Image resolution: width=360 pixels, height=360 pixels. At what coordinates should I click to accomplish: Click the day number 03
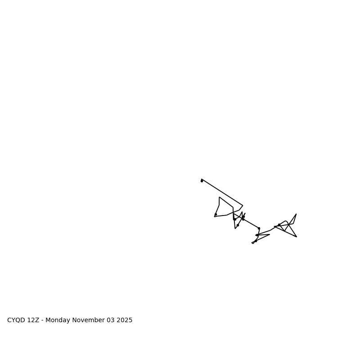coord(111,320)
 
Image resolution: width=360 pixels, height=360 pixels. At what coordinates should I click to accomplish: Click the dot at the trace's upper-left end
coord(202,181)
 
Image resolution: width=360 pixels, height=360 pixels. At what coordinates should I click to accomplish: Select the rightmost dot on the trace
coord(279,225)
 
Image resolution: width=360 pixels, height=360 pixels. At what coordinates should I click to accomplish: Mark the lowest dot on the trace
coord(256,241)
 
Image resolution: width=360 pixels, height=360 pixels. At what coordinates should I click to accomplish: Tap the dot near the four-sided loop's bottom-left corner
coord(216,214)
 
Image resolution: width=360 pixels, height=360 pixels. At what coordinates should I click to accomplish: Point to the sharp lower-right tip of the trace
coord(297,237)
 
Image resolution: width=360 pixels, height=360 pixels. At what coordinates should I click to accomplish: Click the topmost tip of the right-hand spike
coord(296,214)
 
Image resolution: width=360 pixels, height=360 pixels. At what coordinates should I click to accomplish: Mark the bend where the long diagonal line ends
coord(243,206)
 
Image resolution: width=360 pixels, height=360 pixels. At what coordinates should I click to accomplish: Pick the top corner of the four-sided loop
coord(220,197)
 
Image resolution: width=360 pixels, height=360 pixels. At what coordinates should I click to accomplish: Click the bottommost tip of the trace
coord(252,243)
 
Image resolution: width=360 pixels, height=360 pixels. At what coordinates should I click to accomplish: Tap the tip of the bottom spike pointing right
coord(270,234)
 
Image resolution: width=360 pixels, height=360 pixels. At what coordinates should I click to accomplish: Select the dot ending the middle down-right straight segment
coord(259,228)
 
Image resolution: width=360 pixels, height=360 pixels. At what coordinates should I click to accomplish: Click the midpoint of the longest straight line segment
coord(222,192)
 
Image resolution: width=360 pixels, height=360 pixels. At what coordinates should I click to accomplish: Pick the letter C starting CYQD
coord(9,320)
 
